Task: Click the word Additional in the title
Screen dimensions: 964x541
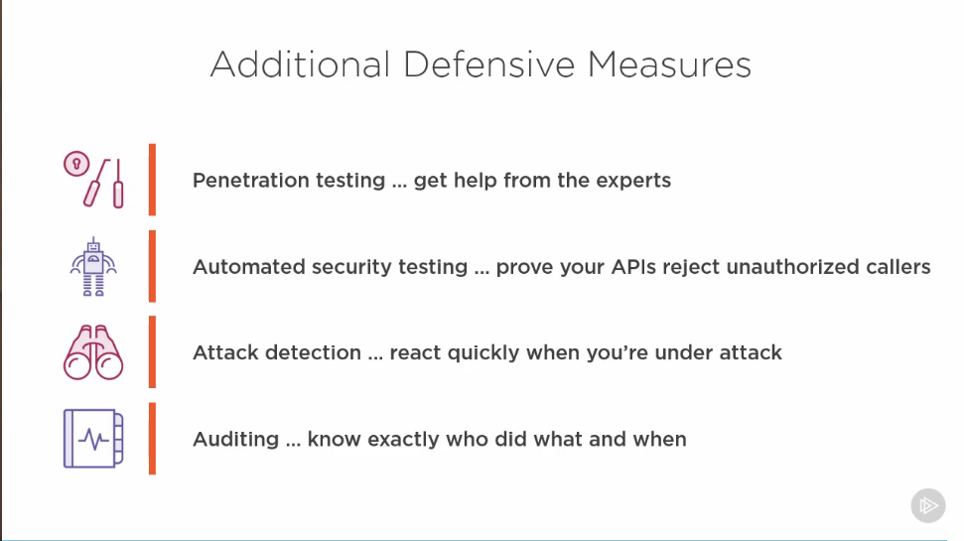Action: coord(300,64)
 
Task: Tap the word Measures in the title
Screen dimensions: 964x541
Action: coord(669,64)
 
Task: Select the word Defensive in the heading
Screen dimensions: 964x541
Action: coord(488,64)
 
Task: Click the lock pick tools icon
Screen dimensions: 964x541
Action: coord(93,180)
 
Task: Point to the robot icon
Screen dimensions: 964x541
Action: coord(93,267)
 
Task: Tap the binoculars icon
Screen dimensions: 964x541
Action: coord(93,352)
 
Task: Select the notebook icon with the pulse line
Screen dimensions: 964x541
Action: coord(93,439)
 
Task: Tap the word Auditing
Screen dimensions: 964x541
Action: coord(236,440)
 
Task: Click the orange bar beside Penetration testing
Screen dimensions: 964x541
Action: coord(152,180)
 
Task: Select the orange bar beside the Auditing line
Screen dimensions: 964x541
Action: coord(152,439)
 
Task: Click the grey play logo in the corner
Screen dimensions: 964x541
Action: coord(927,505)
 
